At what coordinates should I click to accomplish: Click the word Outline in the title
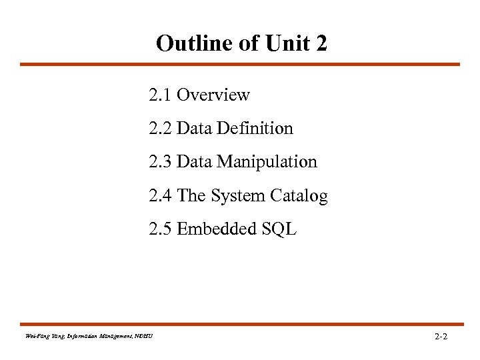tap(189, 43)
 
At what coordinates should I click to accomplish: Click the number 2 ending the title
tap(322, 43)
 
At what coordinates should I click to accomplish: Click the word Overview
tap(213, 95)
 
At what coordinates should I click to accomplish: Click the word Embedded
tap(213, 229)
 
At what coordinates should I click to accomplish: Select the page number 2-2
tap(441, 337)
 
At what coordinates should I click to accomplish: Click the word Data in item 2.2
tap(195, 129)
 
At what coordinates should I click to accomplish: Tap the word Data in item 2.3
tap(195, 162)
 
